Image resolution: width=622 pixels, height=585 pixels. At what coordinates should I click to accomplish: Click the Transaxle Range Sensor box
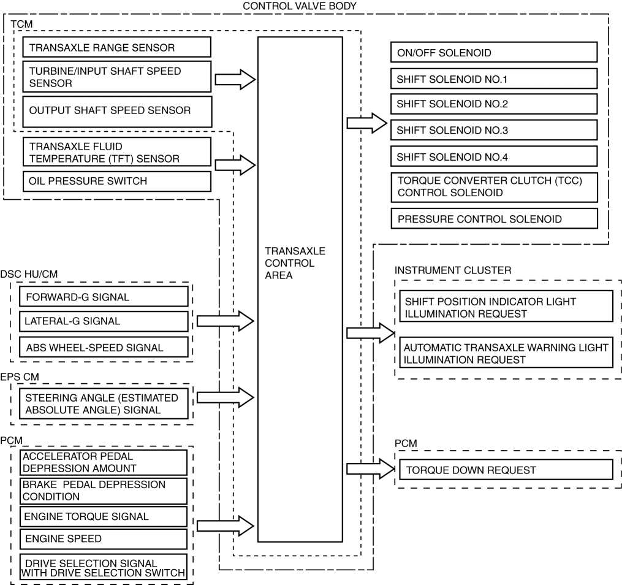116,47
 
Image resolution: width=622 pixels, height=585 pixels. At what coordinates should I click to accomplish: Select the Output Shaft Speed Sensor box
116,111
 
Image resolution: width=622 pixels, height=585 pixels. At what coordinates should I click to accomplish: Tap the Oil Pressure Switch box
116,181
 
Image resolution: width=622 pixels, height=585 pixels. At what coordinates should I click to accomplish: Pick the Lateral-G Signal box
103,321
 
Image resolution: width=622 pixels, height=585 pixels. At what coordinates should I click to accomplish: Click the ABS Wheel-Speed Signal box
103,348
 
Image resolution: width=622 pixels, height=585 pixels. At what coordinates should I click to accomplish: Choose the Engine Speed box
103,539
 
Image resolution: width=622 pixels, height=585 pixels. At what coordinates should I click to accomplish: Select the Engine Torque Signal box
103,516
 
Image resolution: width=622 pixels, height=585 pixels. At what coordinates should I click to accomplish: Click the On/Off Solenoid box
493,52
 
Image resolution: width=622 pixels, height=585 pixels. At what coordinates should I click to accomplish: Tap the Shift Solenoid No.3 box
493,130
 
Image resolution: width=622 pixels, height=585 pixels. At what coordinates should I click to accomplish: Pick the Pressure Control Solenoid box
493,218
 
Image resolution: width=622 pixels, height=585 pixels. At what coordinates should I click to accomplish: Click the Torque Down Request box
506,470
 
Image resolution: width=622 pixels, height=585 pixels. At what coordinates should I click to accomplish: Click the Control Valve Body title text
300,6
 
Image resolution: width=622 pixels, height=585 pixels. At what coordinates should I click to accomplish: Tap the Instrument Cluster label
444,270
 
